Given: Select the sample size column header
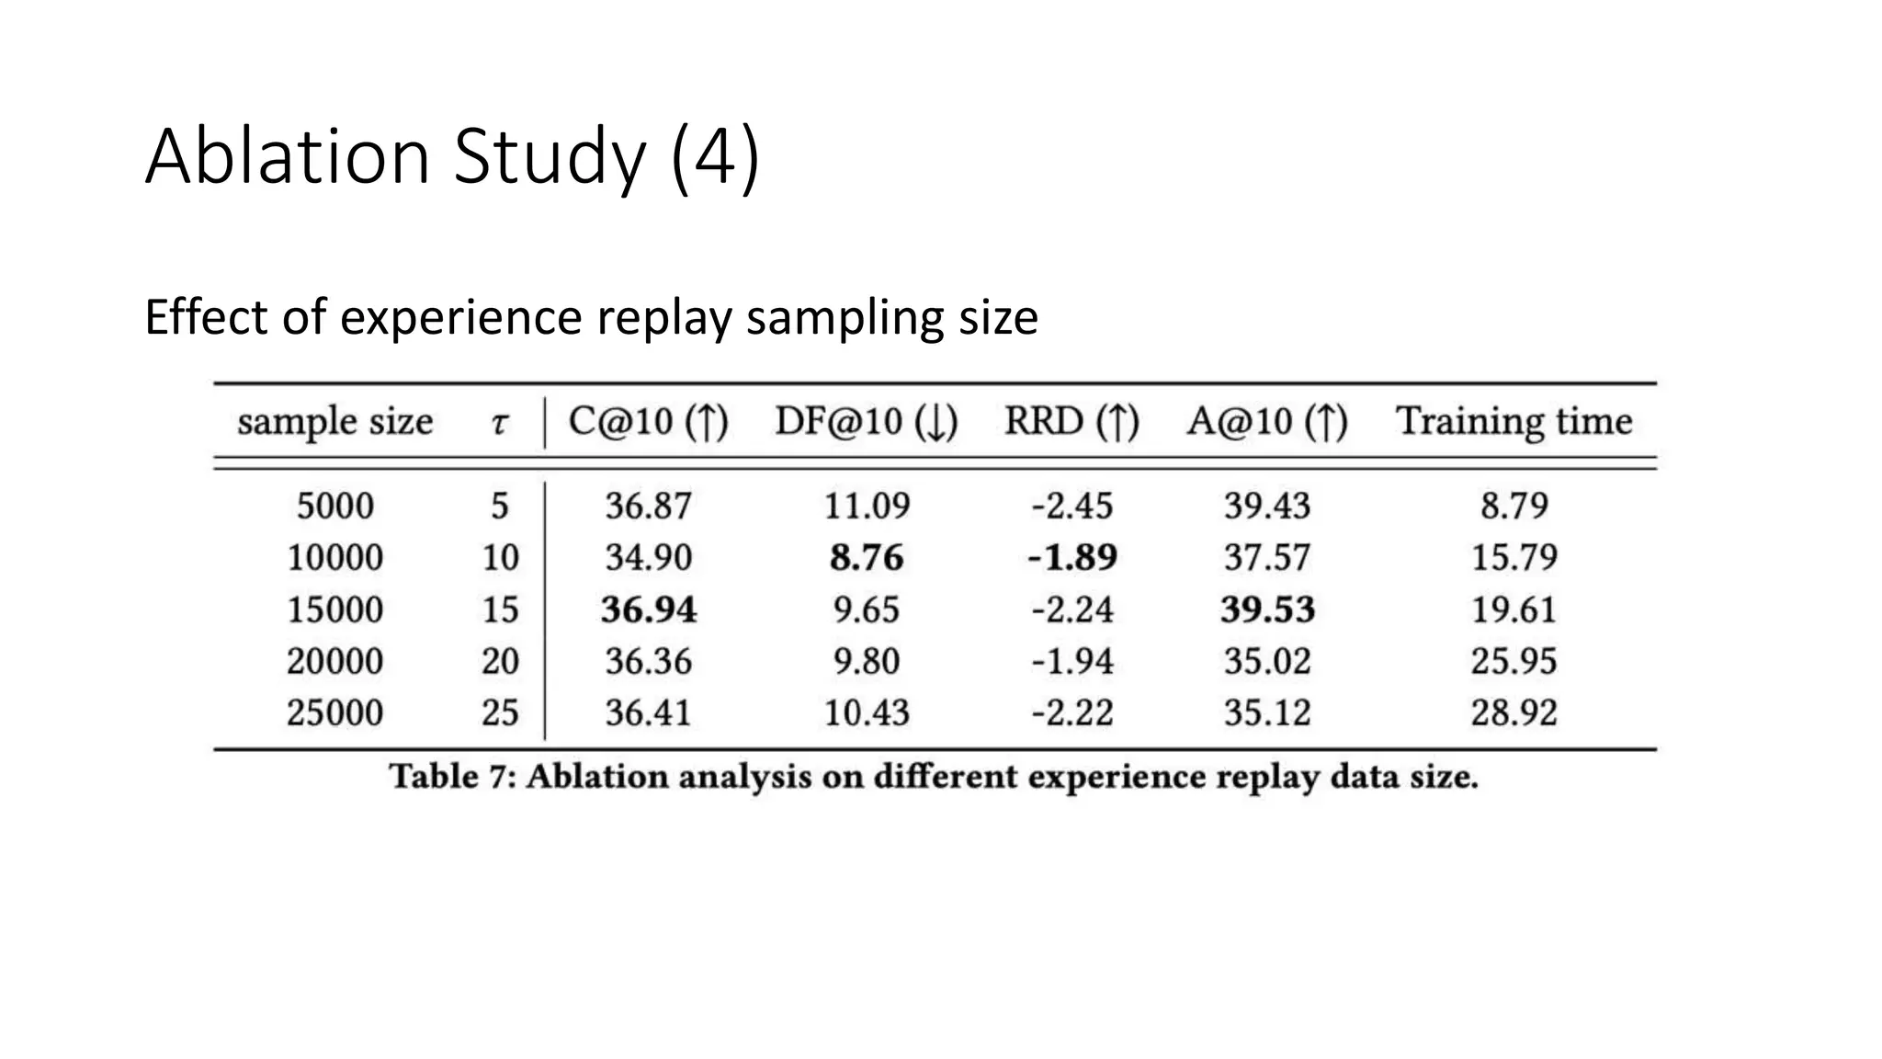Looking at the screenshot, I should pyautogui.click(x=334, y=422).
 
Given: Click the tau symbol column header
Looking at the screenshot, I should pyautogui.click(x=499, y=423).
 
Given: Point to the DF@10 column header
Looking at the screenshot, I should pyautogui.click(x=866, y=422).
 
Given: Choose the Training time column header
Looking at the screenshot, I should pyautogui.click(x=1514, y=422).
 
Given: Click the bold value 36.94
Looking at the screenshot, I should pyautogui.click(x=649, y=609).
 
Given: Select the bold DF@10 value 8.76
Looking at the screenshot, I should pyautogui.click(x=866, y=557).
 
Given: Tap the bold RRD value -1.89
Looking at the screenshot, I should pyautogui.click(x=1071, y=557).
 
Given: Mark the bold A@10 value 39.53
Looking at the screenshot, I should pyautogui.click(x=1267, y=609).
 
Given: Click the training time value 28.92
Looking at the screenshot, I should pyautogui.click(x=1514, y=712).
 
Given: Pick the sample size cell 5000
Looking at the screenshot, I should pyautogui.click(x=334, y=506).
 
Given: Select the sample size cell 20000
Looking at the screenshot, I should pyautogui.click(x=334, y=661).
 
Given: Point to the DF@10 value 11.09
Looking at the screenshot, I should pyautogui.click(x=866, y=506).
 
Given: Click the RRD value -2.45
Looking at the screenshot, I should pyautogui.click(x=1071, y=506).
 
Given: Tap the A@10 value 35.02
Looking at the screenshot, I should pyautogui.click(x=1267, y=661).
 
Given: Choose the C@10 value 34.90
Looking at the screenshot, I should pyautogui.click(x=649, y=557).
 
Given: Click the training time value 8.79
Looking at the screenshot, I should pyautogui.click(x=1514, y=506).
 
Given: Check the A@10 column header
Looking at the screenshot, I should pyautogui.click(x=1267, y=422).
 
